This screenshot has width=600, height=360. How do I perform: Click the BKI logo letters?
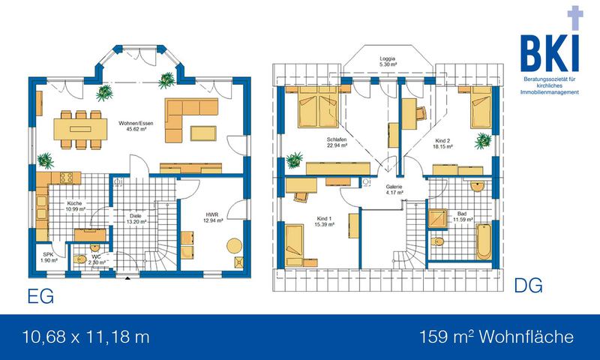(550, 53)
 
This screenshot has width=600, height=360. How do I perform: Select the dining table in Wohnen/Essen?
(80, 129)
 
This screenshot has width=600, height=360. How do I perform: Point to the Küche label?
(74, 206)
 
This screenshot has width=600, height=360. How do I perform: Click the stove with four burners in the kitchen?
(66, 177)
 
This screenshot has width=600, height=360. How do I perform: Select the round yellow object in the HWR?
(234, 245)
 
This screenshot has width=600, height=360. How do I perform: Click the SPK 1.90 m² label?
(49, 257)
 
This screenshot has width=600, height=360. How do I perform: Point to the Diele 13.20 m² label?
(136, 218)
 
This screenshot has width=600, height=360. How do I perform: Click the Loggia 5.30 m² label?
(388, 61)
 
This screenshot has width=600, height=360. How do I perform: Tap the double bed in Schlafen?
(318, 106)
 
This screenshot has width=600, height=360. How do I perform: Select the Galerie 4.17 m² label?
(394, 190)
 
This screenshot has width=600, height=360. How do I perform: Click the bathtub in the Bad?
(484, 241)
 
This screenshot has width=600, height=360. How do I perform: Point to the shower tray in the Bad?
(437, 218)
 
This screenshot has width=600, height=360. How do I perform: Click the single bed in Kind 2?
(481, 107)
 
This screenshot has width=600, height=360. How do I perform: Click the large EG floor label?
(40, 296)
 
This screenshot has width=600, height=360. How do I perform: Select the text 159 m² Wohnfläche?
(496, 337)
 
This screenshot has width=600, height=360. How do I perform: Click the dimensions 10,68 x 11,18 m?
(86, 337)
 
